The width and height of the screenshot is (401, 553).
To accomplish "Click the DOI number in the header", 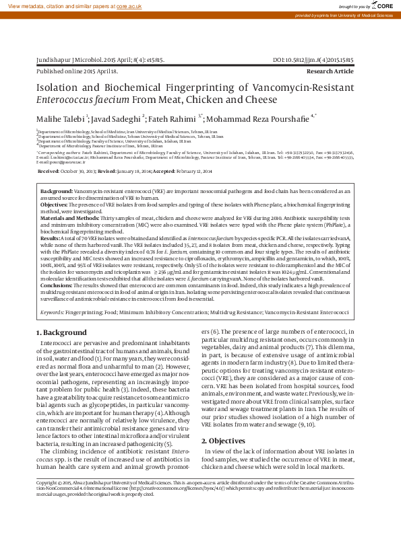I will (x=313, y=61).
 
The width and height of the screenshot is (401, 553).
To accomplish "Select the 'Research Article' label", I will (x=330, y=71).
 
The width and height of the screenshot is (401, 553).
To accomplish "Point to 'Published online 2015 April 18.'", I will (x=77, y=71).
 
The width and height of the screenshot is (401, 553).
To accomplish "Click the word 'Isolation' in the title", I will (x=58, y=88).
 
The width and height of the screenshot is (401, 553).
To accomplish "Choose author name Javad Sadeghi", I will (x=116, y=118).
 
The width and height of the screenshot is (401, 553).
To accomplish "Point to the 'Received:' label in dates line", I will (x=48, y=172).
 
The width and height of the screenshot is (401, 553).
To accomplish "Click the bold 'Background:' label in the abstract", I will (x=57, y=192).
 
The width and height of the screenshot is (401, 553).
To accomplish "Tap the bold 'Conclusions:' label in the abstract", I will (x=57, y=285).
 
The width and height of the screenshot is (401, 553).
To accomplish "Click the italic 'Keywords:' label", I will (x=53, y=313).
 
